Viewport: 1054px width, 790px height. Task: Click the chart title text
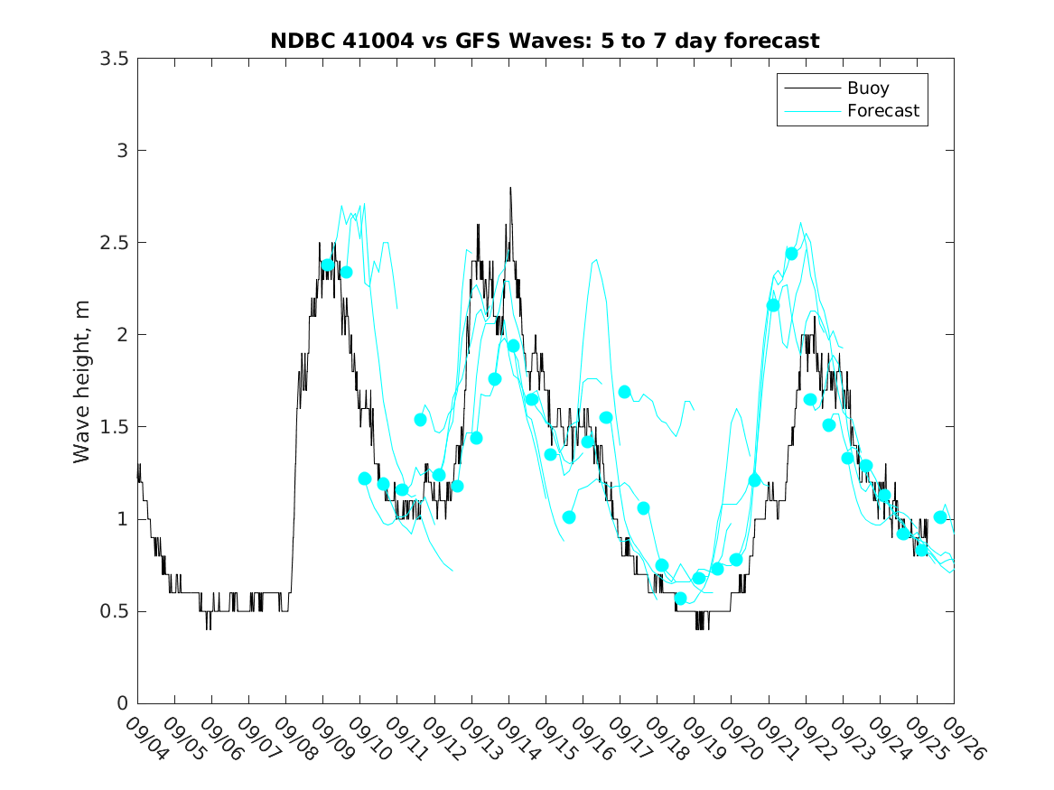point(545,41)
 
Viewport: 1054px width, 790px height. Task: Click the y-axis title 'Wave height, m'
point(82,381)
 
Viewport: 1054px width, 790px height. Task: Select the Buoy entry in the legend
point(867,88)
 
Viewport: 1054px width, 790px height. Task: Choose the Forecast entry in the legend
point(882,111)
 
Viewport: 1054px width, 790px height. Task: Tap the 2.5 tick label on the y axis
point(114,243)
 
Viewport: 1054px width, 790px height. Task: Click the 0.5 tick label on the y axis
point(114,611)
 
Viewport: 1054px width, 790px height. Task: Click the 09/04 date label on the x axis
point(146,739)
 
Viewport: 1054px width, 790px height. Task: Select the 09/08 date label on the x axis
point(294,739)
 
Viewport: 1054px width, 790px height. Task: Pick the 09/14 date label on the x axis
point(518,739)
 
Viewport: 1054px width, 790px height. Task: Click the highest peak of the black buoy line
point(510,188)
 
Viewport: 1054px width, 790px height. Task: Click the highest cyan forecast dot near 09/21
point(792,254)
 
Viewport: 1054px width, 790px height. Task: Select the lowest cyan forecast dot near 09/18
point(680,598)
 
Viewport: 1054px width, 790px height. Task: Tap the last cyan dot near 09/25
point(940,517)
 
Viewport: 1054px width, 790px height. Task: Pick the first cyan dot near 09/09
point(327,265)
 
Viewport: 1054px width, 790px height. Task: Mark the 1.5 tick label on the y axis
point(114,427)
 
